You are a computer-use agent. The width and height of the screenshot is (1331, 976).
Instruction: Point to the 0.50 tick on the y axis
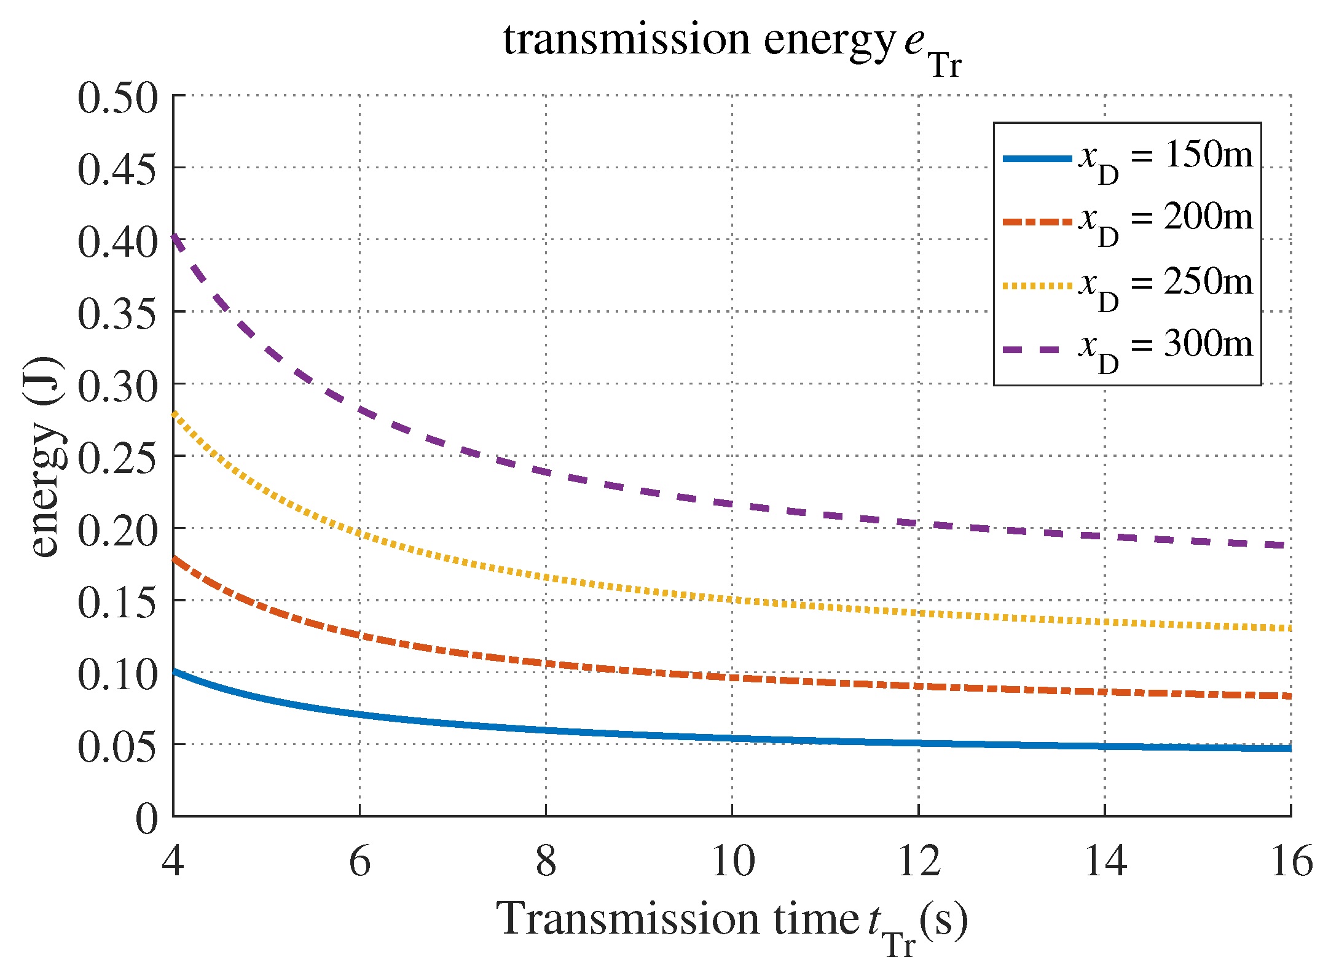(117, 98)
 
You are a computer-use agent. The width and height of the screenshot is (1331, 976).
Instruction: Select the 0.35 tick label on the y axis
(117, 314)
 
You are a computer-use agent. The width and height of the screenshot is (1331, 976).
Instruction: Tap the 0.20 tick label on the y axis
(117, 531)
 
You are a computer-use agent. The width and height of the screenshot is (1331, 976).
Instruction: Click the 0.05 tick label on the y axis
(117, 747)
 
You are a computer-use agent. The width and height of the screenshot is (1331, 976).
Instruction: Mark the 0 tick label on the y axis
(146, 819)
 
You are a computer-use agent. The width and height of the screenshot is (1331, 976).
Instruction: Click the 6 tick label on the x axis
(359, 861)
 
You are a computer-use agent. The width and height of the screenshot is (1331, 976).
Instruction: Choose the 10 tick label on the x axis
(732, 861)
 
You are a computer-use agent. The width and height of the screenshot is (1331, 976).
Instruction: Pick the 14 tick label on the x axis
(1104, 861)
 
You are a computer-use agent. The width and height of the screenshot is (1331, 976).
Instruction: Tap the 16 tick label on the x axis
(1290, 861)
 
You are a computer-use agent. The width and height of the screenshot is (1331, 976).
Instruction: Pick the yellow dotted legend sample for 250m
(1037, 286)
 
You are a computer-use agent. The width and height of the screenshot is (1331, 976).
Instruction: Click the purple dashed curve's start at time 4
(175, 236)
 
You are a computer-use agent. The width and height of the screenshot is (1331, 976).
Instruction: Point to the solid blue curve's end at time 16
(1289, 748)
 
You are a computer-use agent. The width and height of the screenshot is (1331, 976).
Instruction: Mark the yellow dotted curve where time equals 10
(732, 599)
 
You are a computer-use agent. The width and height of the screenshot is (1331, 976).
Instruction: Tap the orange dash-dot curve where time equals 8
(546, 663)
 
